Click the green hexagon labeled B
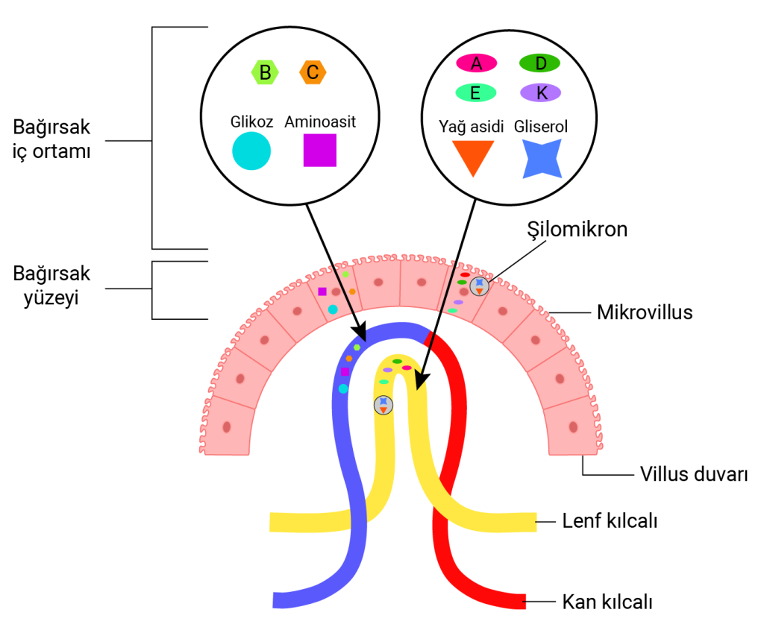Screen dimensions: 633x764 (265, 72)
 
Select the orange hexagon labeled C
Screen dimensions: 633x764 (313, 72)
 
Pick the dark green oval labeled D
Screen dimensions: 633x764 (539, 63)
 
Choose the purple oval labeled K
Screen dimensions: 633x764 (541, 92)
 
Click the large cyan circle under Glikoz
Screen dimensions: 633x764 (251, 151)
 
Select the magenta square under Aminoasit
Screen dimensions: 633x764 (320, 150)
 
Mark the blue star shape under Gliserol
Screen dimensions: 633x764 (542, 158)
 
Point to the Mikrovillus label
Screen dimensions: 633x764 (645, 312)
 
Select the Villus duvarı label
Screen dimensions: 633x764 (694, 474)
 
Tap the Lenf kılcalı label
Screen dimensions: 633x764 (610, 522)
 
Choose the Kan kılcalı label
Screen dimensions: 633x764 (605, 600)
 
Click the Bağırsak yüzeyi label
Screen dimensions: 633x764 (51, 286)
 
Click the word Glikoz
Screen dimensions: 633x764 (252, 122)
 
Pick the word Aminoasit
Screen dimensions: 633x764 (320, 122)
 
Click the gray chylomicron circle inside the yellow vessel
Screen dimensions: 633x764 (383, 405)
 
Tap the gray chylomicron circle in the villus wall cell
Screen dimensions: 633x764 (479, 286)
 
